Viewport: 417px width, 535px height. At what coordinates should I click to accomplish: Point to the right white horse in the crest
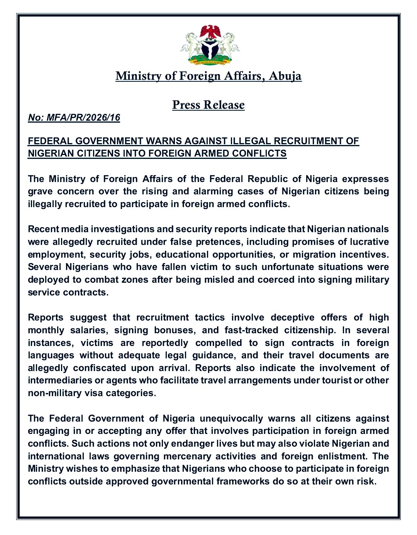click(x=230, y=44)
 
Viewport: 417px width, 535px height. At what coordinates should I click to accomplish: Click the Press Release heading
click(x=208, y=105)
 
